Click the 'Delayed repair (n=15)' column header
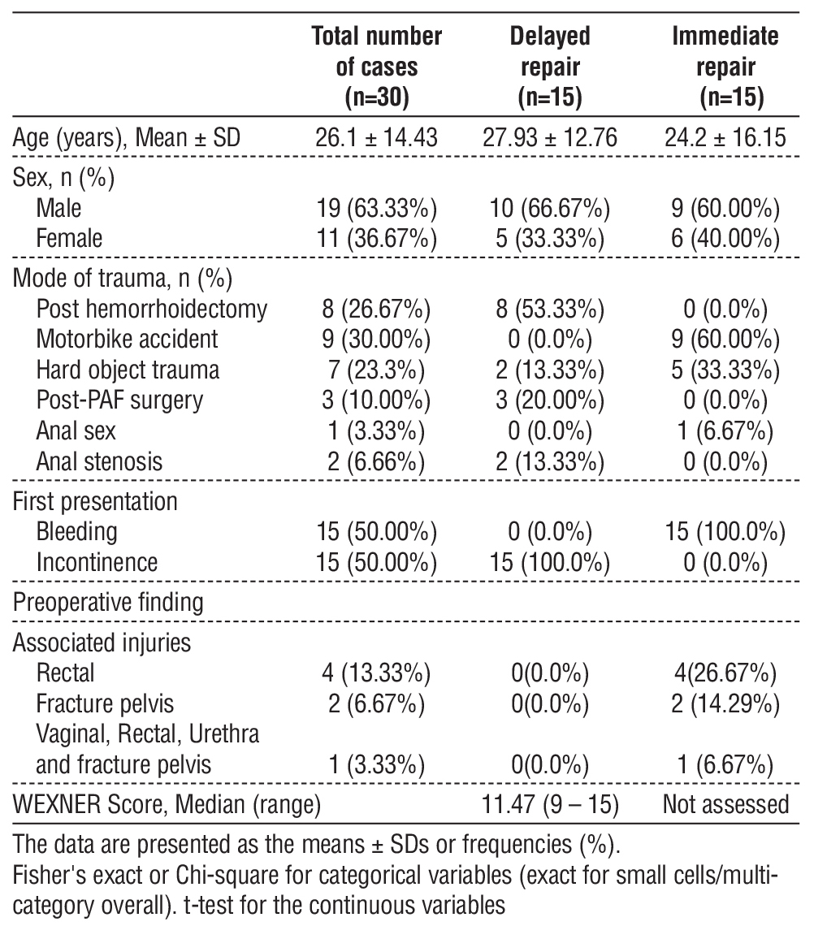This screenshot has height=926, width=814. coord(550,66)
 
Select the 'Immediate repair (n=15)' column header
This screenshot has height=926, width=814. coord(725,66)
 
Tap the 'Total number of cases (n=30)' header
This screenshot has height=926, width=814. coord(377,66)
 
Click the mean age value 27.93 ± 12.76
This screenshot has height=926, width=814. coord(550,137)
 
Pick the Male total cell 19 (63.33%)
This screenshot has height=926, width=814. coord(377,209)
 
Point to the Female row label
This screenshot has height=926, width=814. coord(69,238)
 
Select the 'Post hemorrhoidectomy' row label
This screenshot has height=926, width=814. coord(152,309)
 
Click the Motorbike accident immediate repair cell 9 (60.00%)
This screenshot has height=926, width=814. coord(725,339)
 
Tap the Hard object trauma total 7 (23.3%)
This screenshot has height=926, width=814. coord(377,370)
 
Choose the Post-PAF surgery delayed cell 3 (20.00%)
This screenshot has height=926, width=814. coord(550,400)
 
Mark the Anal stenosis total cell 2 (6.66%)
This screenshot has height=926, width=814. coord(377,461)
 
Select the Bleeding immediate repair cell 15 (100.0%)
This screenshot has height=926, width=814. coord(725,531)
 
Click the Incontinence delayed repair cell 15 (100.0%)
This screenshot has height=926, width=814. coord(550,561)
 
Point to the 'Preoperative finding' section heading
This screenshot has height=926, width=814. coord(108,602)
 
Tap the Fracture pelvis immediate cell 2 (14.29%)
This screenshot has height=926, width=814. coord(725,703)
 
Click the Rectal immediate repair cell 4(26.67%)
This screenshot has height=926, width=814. coord(725,673)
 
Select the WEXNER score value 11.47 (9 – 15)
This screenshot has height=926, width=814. coord(550,804)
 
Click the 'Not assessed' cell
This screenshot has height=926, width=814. coord(725,804)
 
